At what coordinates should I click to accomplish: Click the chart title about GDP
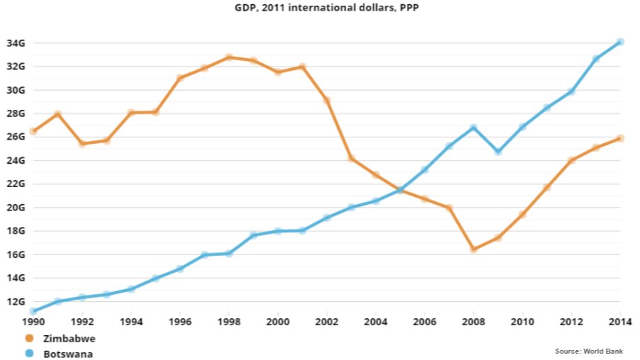tap(320, 9)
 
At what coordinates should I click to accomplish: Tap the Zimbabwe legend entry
tap(69, 339)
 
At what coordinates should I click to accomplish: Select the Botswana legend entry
tap(68, 353)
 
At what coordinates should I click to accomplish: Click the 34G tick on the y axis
tap(16, 43)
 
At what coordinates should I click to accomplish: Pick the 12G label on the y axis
tap(16, 301)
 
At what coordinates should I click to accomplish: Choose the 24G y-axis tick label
tap(16, 160)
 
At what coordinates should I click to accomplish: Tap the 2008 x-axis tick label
tap(473, 320)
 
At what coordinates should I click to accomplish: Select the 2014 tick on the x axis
tap(620, 320)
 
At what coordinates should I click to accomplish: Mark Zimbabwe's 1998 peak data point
tap(229, 57)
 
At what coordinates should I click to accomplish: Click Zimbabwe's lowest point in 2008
tap(473, 249)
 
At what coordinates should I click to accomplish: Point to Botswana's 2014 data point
tap(620, 42)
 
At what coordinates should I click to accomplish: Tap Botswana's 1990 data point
tap(33, 311)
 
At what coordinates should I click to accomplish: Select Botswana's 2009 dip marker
tap(498, 152)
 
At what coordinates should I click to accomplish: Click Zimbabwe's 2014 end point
tap(620, 138)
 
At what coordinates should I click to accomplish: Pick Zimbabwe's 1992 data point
tap(82, 143)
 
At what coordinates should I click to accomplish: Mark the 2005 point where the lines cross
tap(400, 190)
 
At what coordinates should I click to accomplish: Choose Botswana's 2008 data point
tap(473, 128)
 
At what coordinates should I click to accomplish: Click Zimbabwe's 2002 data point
tap(327, 101)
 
